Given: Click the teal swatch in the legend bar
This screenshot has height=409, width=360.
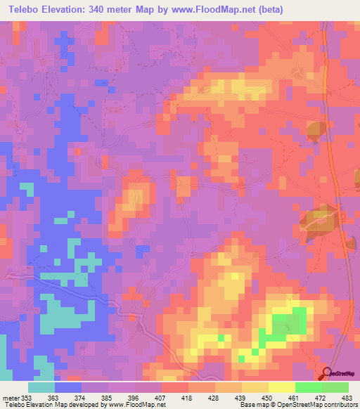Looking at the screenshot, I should (41, 387).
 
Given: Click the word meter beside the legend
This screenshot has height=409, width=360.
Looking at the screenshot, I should (10, 397).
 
